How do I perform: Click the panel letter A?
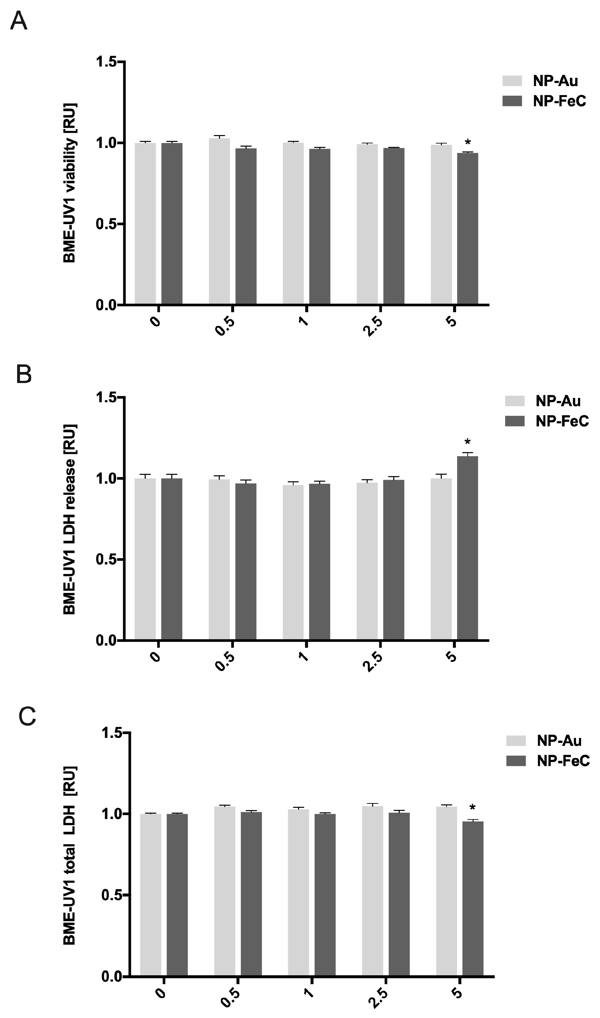coord(19,21)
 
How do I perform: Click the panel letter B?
coord(23,375)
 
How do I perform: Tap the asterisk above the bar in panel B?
coord(468,442)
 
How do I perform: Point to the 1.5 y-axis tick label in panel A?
coord(106,62)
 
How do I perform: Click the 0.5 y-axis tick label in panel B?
coord(106,559)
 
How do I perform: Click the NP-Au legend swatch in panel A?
coord(513,80)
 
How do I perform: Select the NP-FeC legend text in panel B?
coord(562,421)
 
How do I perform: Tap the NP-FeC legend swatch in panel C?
coord(516,761)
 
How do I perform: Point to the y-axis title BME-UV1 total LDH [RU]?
coord(69,850)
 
